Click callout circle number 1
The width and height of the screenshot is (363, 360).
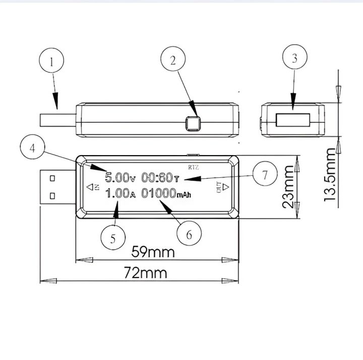tap(52, 63)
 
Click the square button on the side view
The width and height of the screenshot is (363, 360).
tap(193, 123)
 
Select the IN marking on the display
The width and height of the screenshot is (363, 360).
tap(93, 187)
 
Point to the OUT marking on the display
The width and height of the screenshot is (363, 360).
tap(222, 188)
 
